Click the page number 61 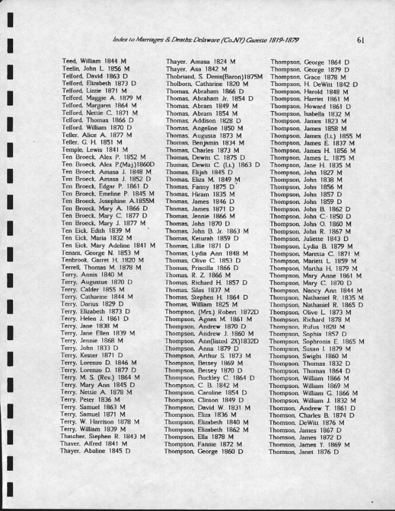coord(361,40)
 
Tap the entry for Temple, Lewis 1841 coord(95,149)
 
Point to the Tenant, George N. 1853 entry coord(100,253)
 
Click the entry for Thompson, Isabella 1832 coord(310,114)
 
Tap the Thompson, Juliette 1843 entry coord(310,238)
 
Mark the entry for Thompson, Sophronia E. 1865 coord(317,341)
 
